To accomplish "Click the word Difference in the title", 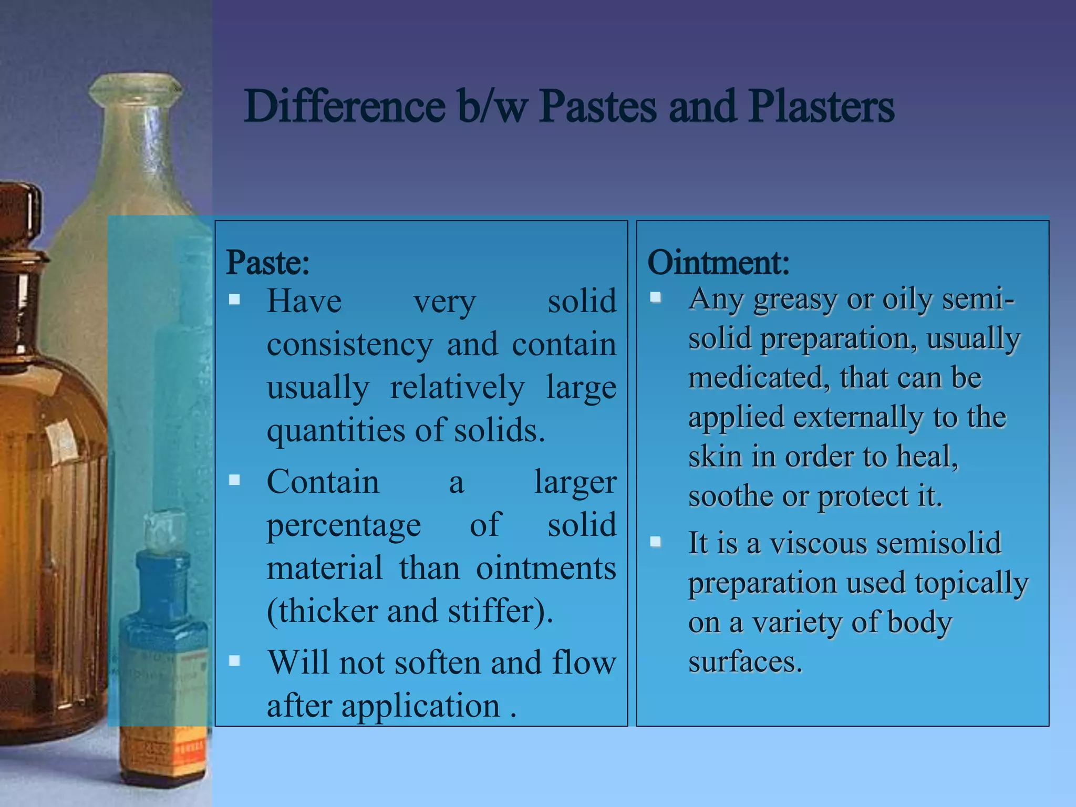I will [x=345, y=107].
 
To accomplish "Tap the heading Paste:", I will [x=267, y=262].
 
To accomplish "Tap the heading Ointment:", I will [x=718, y=262].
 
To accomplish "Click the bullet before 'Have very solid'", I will [x=234, y=299].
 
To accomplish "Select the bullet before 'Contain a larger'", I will [x=234, y=480].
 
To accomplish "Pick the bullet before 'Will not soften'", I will [x=234, y=660].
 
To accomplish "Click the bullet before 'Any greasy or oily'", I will [x=655, y=297].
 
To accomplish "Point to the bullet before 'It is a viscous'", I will [x=655, y=541].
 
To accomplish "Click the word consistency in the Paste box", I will [x=349, y=345].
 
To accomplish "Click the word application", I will [x=421, y=707].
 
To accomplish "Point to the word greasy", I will [x=795, y=299].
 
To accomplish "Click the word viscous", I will [x=818, y=543].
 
